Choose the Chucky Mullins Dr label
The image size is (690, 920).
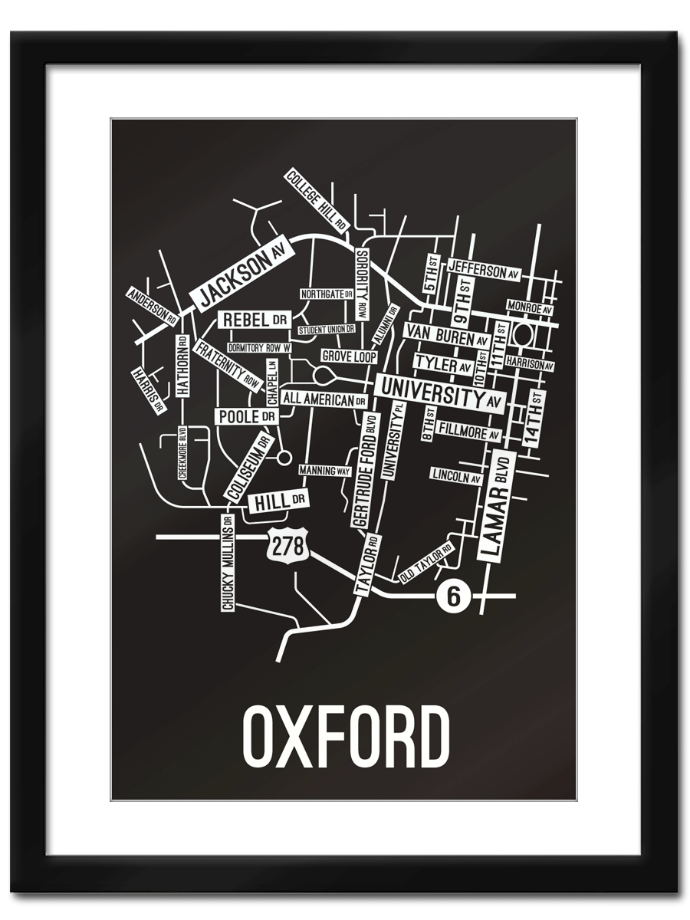tap(228, 563)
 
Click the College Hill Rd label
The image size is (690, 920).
tap(317, 200)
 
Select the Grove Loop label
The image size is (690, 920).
tap(349, 356)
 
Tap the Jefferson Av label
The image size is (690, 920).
tap(483, 270)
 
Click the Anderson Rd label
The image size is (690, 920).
tap(153, 305)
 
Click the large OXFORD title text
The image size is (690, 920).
tap(346, 737)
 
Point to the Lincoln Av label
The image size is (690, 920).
tap(455, 476)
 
